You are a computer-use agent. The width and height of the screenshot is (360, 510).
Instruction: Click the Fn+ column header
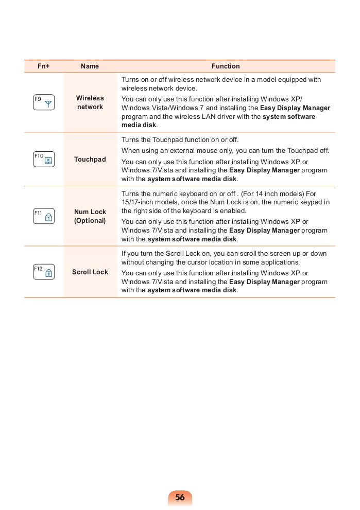pos(44,66)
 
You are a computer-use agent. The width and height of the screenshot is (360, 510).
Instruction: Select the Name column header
pos(90,66)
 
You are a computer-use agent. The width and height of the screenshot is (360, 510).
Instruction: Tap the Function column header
pos(226,66)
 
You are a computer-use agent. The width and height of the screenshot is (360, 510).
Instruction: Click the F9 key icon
pos(44,102)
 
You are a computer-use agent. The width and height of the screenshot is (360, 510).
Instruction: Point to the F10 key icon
pos(44,159)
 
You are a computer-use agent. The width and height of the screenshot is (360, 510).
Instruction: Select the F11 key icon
pos(44,216)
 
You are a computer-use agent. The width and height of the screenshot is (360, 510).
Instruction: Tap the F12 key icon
pos(44,272)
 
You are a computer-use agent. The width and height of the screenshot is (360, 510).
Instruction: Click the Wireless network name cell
pos(90,102)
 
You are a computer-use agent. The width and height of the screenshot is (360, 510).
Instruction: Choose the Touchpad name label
pos(90,160)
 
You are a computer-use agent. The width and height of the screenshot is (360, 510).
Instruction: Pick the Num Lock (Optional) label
pos(90,216)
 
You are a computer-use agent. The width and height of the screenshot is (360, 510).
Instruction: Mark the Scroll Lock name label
pos(90,272)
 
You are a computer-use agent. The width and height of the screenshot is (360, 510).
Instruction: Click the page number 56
pos(180,498)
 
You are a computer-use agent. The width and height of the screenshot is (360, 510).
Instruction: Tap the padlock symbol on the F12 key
pos(48,273)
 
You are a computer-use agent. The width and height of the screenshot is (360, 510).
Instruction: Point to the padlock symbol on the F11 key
pos(48,217)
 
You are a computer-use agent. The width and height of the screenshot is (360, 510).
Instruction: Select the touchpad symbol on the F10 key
pos(48,161)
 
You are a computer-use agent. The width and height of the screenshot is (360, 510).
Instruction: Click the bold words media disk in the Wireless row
pos(139,125)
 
